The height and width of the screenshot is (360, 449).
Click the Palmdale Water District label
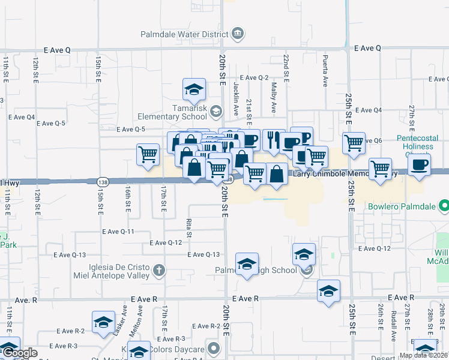[184, 34]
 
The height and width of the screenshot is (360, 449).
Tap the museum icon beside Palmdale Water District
[238, 33]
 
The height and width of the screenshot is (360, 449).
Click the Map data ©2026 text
[423, 355]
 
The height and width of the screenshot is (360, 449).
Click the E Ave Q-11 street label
[118, 232]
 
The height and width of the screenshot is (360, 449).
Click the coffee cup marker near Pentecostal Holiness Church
[419, 164]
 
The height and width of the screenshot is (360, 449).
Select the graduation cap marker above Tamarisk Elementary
[194, 89]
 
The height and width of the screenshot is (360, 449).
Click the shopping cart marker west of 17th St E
[148, 154]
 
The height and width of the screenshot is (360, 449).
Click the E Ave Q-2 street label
[254, 78]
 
